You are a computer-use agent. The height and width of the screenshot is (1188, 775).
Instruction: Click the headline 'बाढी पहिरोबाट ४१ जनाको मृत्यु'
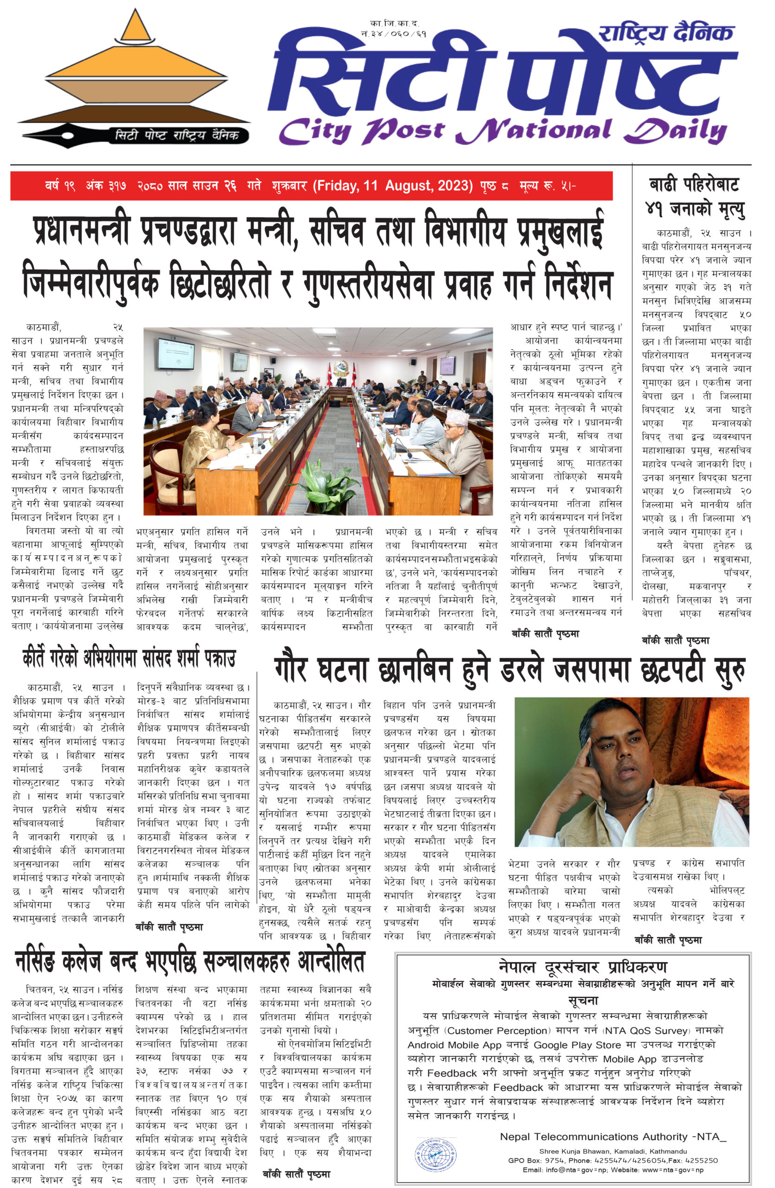click(x=694, y=197)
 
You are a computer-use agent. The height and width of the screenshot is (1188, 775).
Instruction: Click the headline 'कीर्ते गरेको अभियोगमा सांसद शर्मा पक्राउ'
click(x=129, y=659)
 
